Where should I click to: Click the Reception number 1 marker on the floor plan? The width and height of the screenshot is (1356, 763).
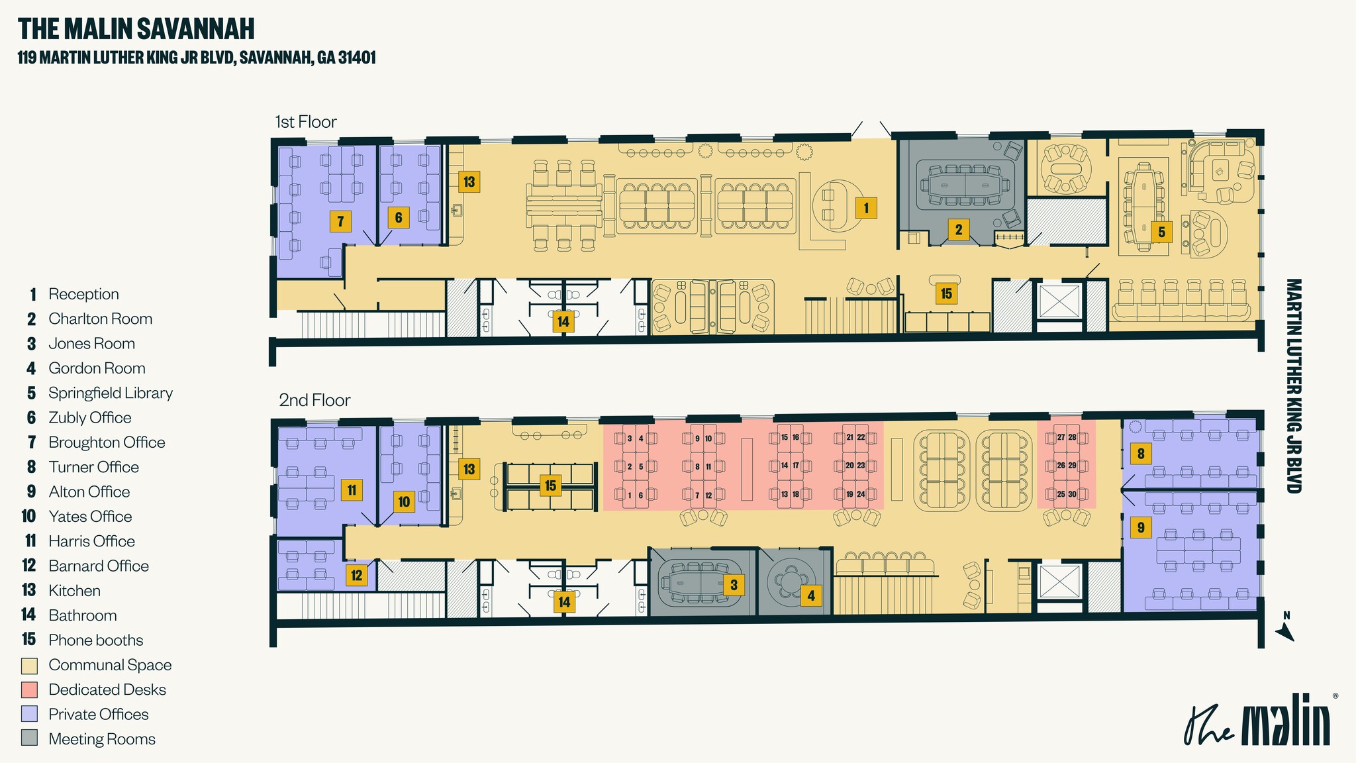pyautogui.click(x=865, y=208)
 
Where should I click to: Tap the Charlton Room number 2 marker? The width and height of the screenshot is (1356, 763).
pyautogui.click(x=958, y=230)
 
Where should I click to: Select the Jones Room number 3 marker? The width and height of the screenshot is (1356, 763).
pyautogui.click(x=733, y=585)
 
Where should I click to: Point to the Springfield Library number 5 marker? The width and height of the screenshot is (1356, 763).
pyautogui.click(x=1161, y=232)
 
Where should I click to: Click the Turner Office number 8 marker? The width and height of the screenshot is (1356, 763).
pyautogui.click(x=1140, y=454)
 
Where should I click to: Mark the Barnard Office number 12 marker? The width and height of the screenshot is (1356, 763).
pyautogui.click(x=356, y=575)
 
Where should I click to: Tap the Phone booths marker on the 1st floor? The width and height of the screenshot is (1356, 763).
pyautogui.click(x=946, y=293)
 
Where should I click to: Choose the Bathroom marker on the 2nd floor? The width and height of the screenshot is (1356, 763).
pyautogui.click(x=563, y=602)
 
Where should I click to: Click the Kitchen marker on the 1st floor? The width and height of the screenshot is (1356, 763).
pyautogui.click(x=469, y=181)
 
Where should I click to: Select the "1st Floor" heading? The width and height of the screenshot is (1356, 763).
pyautogui.click(x=306, y=122)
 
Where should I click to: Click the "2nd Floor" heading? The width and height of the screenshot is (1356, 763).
pyautogui.click(x=315, y=400)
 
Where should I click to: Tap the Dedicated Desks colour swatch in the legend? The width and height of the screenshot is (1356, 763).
pyautogui.click(x=29, y=689)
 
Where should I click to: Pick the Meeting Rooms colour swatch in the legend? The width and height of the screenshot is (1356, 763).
pyautogui.click(x=29, y=738)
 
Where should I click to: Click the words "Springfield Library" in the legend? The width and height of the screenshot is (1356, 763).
pyautogui.click(x=111, y=393)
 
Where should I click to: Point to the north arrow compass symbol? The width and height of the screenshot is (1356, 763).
pyautogui.click(x=1285, y=627)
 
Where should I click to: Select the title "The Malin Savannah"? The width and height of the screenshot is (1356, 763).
pyautogui.click(x=136, y=29)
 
